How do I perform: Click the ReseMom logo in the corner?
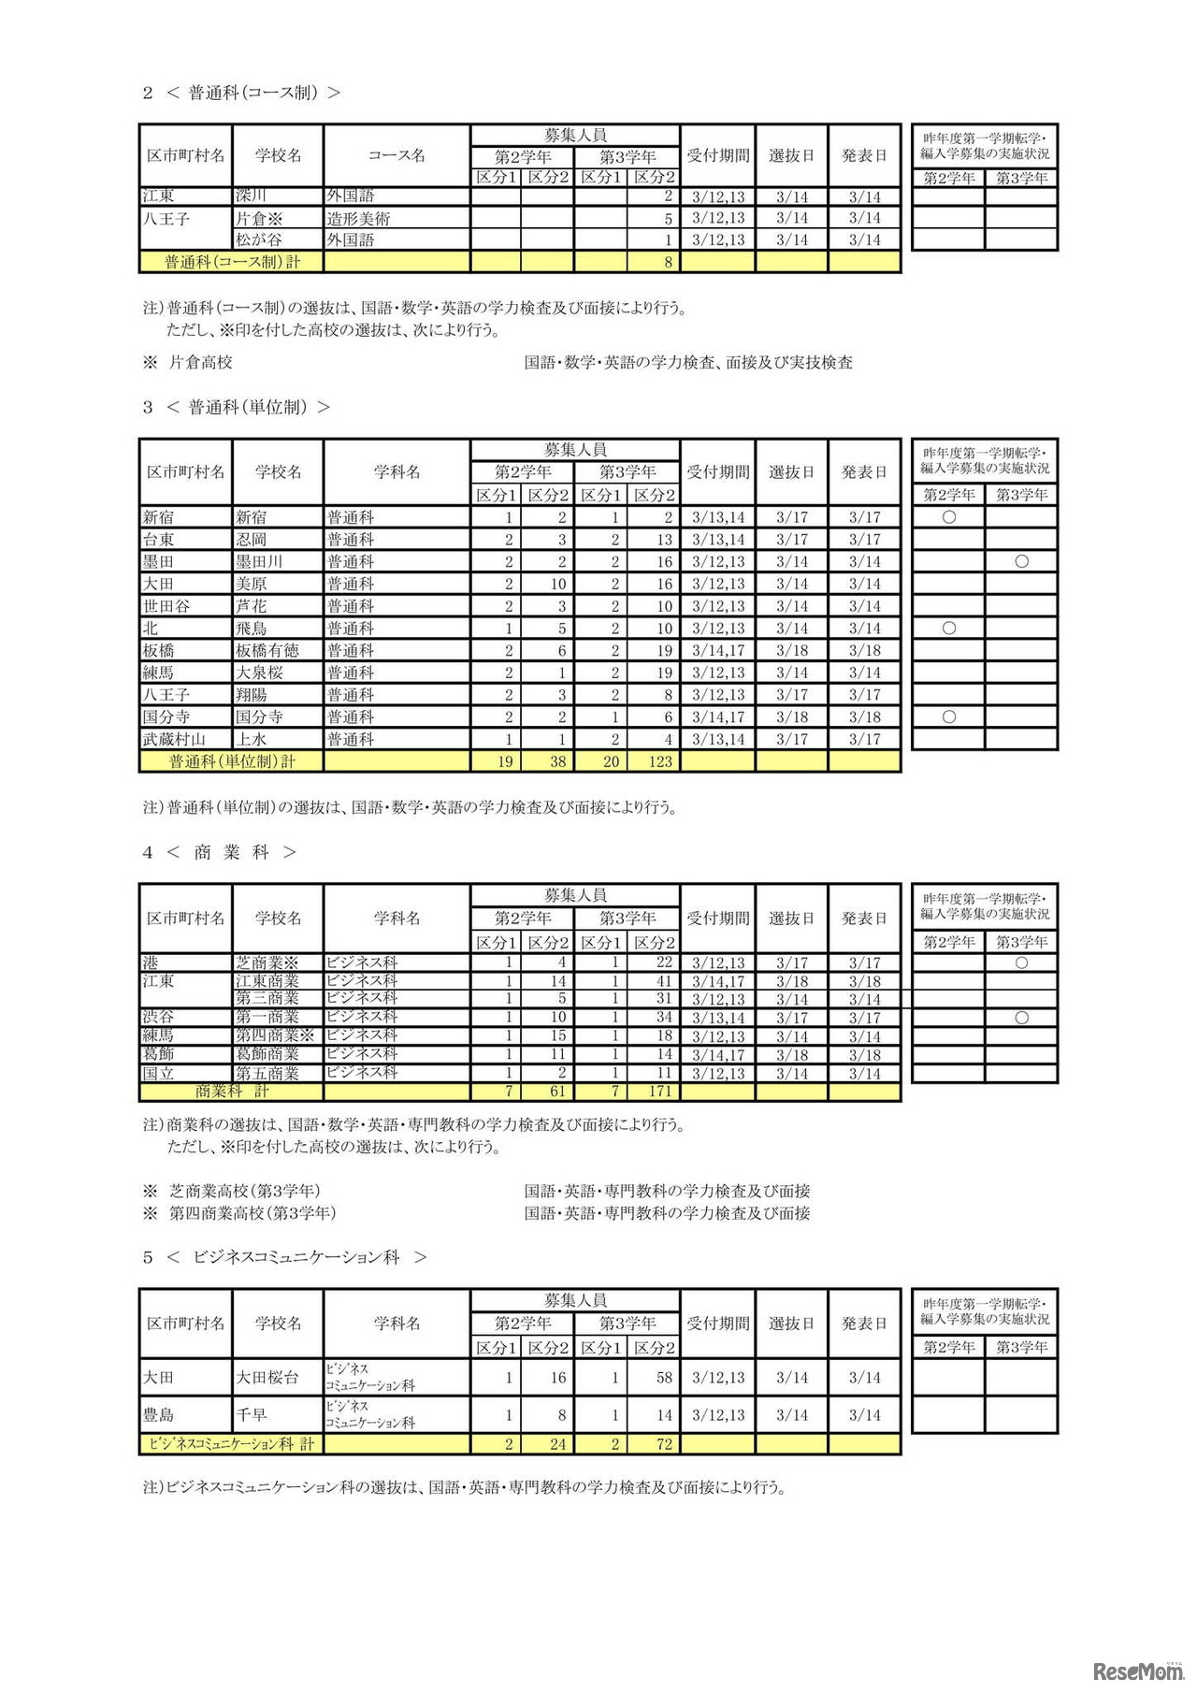(1138, 1671)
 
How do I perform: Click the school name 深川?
(252, 195)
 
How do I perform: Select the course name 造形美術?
(358, 218)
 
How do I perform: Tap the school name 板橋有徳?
(267, 650)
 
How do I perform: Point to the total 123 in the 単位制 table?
(660, 761)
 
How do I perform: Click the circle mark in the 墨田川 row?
(1021, 561)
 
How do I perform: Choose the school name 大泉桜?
(259, 673)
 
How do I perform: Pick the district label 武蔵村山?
(174, 739)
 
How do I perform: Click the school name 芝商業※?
(267, 962)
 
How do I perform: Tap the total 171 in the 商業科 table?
(659, 1091)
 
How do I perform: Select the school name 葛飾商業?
(267, 1054)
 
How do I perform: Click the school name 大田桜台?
(267, 1377)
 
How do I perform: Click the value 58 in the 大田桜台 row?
(664, 1377)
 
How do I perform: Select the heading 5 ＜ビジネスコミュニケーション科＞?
(284, 1257)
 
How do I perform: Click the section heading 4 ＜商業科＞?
(219, 852)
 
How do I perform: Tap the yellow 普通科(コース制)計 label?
(232, 262)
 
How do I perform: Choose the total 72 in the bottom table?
(664, 1444)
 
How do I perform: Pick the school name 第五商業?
(267, 1073)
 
